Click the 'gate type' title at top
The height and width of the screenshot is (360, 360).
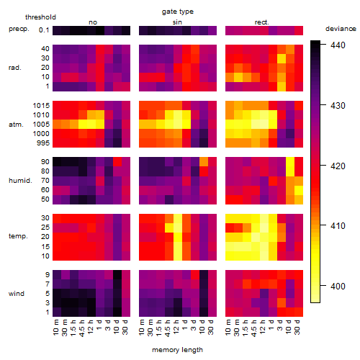click(178, 12)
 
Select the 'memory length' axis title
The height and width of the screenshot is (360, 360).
click(177, 350)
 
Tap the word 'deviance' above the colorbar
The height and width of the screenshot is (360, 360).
click(341, 29)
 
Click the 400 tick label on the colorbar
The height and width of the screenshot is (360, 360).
click(338, 286)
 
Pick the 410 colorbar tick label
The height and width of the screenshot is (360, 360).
click(338, 225)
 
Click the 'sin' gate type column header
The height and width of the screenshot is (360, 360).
click(177, 22)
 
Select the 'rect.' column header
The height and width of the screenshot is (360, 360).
click(261, 22)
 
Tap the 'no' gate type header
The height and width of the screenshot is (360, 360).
click(93, 22)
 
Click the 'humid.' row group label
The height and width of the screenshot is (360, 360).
click(20, 181)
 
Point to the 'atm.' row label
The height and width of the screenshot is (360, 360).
click(16, 125)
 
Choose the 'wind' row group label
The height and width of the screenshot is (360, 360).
click(17, 294)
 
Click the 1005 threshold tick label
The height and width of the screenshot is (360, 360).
click(41, 125)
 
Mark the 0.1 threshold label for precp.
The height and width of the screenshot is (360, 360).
click(44, 30)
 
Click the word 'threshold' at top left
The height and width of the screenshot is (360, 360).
click(40, 17)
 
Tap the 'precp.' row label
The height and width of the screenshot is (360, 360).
click(19, 30)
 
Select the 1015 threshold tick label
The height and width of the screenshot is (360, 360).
click(41, 106)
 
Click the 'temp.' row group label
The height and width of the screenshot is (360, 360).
click(18, 236)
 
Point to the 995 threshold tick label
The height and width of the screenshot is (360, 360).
click(43, 143)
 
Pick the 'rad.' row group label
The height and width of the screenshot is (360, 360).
click(15, 68)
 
